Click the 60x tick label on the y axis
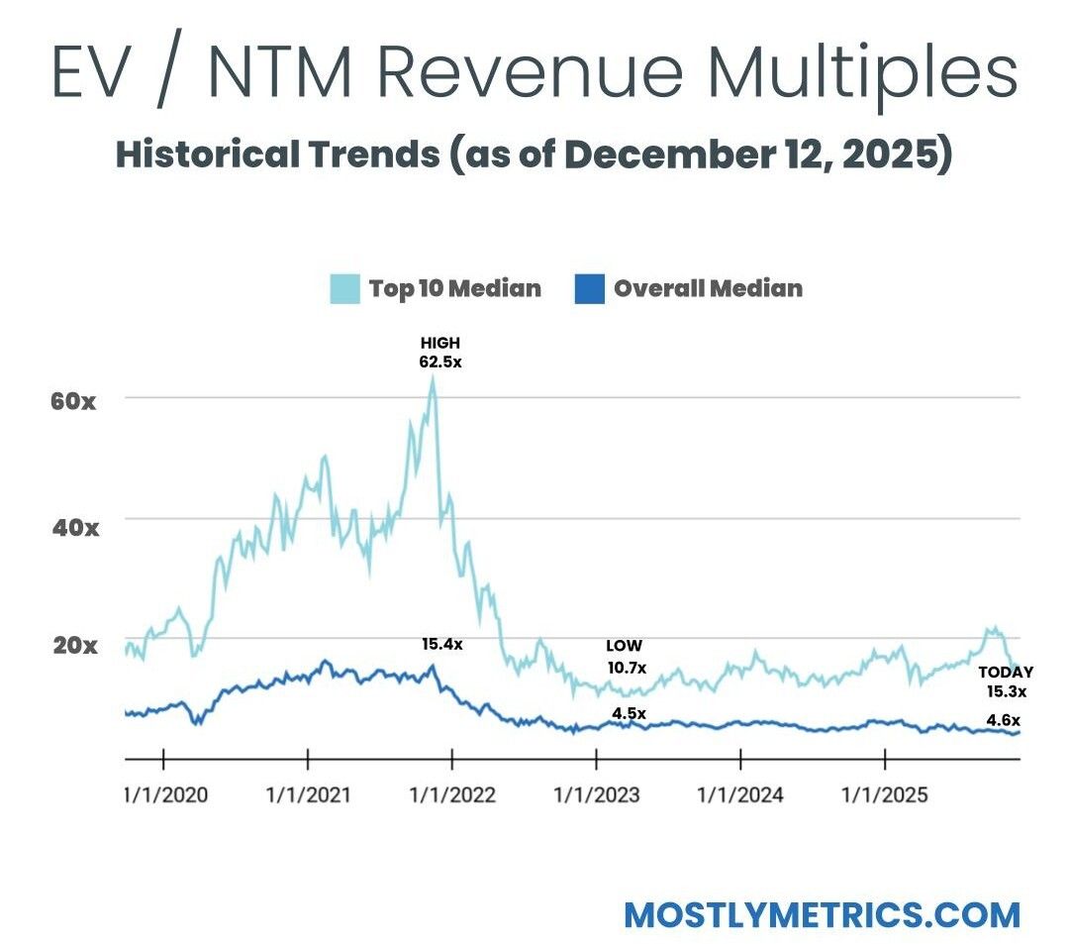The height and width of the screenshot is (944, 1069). pos(74,403)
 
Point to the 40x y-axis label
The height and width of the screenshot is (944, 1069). pos(74,526)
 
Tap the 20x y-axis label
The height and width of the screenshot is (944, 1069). pos(74,647)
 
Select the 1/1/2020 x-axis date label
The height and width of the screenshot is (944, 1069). pos(166,794)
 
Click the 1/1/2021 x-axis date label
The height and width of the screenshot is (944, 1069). pos(309,794)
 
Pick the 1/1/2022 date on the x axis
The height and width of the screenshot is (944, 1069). pos(452,794)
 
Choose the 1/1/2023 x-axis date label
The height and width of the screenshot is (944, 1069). pos(597,794)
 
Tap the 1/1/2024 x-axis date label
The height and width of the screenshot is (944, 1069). pos(740,794)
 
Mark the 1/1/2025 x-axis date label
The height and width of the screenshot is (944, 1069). pos(884,794)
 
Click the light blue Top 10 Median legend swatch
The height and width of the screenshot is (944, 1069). pos(342,289)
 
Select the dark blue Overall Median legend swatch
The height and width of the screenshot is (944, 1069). pos(588,289)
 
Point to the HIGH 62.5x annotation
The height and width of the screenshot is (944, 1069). pos(439,353)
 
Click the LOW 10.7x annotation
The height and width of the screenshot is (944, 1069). pos(625,658)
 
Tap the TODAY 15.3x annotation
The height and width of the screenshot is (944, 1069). pos(1005,682)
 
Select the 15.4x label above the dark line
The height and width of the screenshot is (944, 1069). pos(441,645)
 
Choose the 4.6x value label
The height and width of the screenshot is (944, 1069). pos(1003,721)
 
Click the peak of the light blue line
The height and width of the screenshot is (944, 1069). pos(433,379)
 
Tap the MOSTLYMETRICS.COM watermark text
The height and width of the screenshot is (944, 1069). pos(822,914)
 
